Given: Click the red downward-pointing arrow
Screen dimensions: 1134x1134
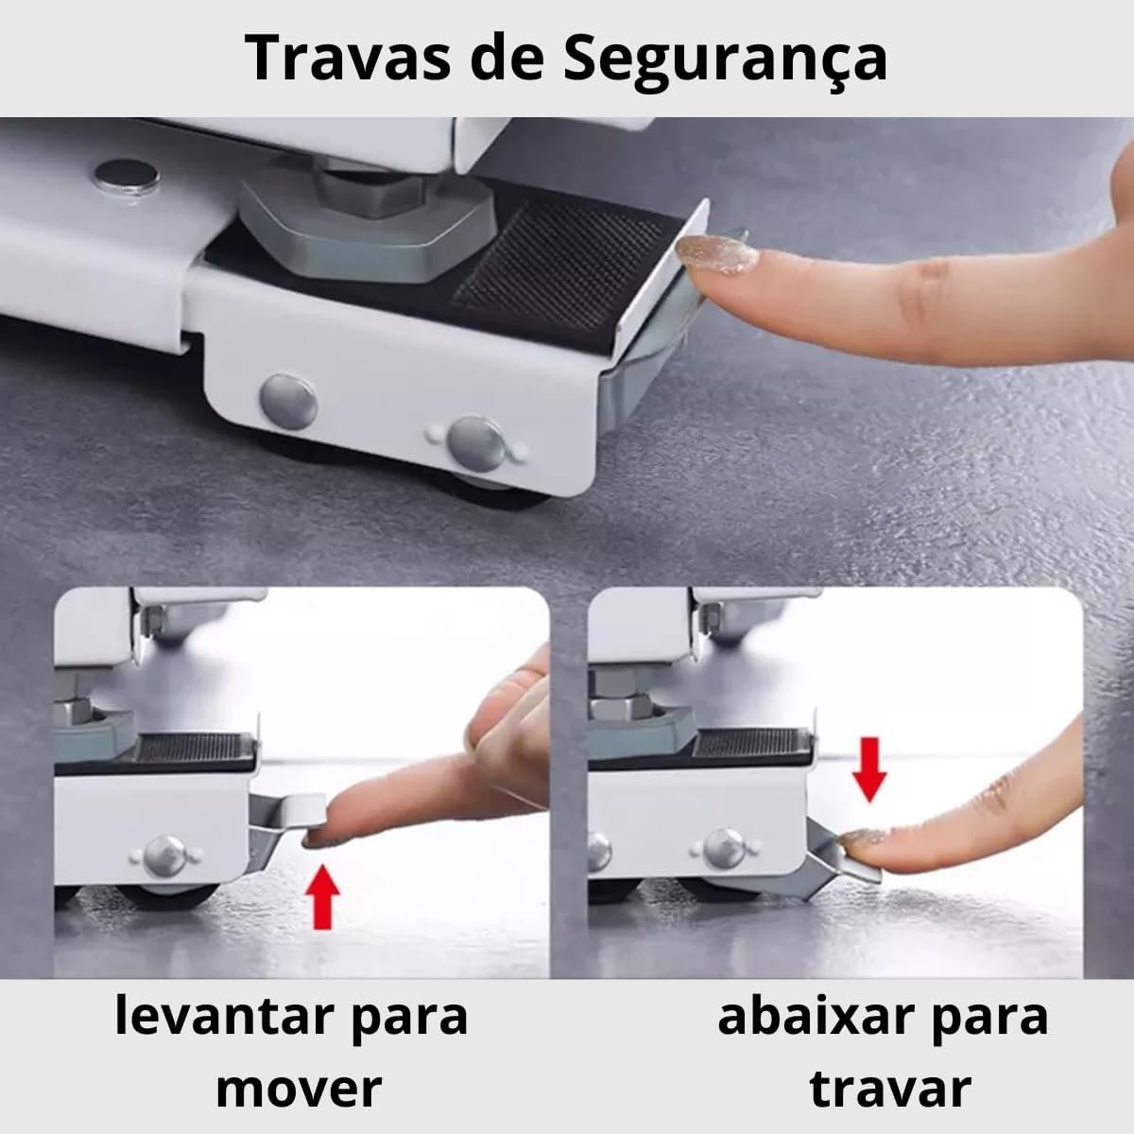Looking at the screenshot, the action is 869,768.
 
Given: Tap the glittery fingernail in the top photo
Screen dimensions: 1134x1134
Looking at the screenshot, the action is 716,255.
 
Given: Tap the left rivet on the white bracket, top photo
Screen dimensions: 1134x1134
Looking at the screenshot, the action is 288,402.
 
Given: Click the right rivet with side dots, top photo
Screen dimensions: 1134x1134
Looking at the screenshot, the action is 476,444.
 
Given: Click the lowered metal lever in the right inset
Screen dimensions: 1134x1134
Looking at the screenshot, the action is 833,858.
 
